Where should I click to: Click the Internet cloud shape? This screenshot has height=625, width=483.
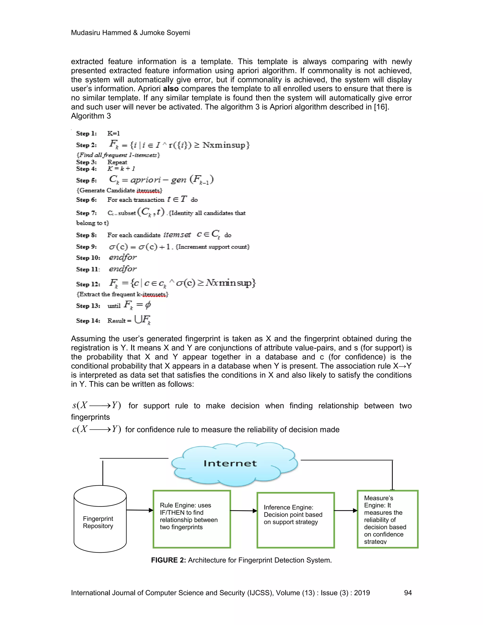click(x=234, y=464)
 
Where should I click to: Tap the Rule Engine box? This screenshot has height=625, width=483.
click(x=192, y=519)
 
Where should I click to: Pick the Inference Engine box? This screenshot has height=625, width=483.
click(x=296, y=520)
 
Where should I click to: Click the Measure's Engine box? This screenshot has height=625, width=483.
click(x=387, y=519)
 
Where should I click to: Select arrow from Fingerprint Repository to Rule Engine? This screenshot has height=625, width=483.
click(x=140, y=510)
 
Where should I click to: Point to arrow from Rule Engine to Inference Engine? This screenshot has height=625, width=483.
click(x=243, y=511)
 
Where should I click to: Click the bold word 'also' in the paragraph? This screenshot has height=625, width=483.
click(x=171, y=89)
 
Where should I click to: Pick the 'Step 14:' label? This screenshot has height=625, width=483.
click(x=88, y=321)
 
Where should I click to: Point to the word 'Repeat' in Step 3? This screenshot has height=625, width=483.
click(x=117, y=162)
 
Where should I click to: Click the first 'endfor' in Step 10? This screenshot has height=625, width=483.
click(x=122, y=257)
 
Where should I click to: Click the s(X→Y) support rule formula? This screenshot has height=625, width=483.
click(x=96, y=405)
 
